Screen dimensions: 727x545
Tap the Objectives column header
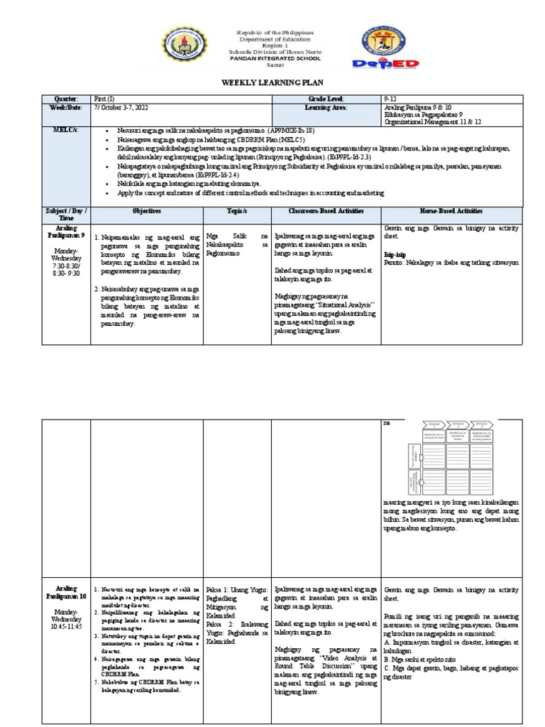click(146, 212)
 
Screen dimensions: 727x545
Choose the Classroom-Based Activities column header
click(325, 212)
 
